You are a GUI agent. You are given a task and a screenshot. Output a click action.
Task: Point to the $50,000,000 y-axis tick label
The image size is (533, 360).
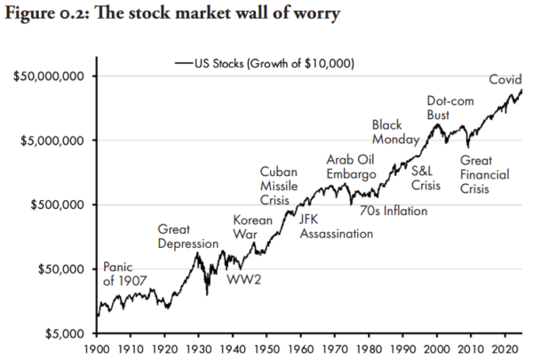click(x=49, y=76)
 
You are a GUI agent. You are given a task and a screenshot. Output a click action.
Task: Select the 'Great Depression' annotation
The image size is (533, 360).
click(x=187, y=236)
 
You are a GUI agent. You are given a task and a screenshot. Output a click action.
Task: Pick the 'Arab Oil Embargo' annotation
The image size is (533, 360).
click(x=352, y=166)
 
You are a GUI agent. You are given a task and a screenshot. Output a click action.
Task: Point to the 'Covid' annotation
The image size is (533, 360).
click(x=504, y=79)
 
